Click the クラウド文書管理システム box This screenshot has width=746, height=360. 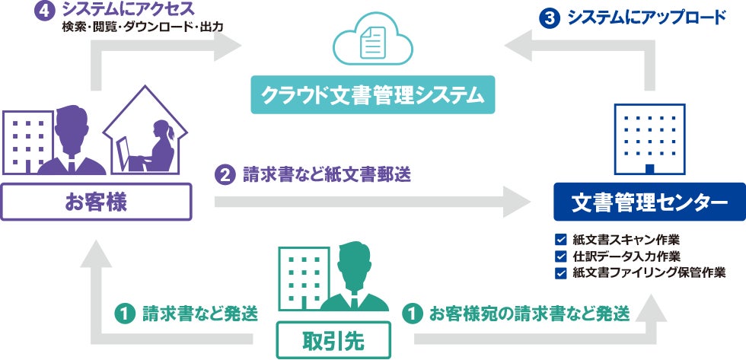click(373, 96)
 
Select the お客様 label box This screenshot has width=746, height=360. click(95, 202)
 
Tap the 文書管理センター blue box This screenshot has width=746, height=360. click(649, 202)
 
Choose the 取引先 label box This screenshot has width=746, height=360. click(334, 339)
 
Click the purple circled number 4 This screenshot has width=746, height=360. click(46, 11)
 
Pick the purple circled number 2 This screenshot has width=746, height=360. click(225, 175)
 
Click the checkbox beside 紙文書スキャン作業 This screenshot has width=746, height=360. click(561, 239)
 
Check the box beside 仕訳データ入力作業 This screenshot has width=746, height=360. click(561, 256)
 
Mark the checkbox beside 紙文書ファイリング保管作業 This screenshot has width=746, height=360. click(561, 272)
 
